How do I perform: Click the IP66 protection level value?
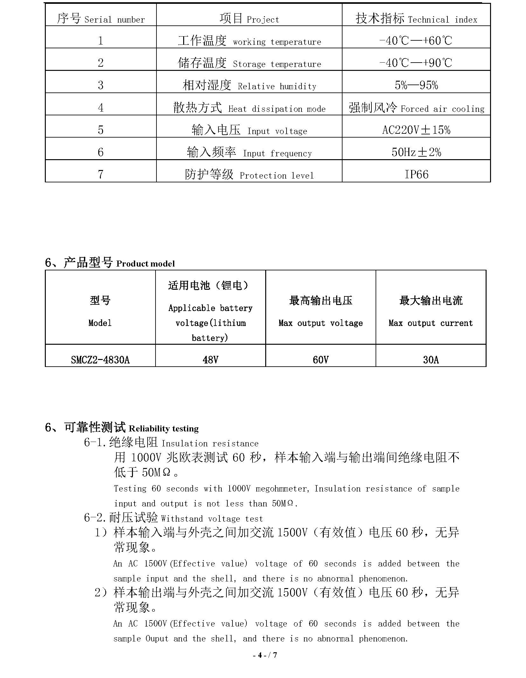tap(416, 174)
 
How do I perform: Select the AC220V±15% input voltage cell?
tap(416, 130)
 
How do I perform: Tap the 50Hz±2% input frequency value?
tap(416, 152)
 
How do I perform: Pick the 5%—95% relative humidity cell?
tap(416, 85)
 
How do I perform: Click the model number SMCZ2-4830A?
tap(100, 360)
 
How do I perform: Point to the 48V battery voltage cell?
tap(210, 360)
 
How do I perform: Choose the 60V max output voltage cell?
tap(320, 360)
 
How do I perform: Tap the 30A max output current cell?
tap(431, 360)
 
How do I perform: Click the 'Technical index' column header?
tap(442, 20)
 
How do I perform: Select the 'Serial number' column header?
tap(114, 20)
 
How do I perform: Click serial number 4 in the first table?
tap(100, 107)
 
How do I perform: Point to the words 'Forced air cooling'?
tap(442, 109)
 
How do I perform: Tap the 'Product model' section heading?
tap(145, 264)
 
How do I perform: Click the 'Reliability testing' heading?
tap(163, 429)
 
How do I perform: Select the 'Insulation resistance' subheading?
tap(210, 444)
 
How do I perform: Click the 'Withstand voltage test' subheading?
tap(212, 519)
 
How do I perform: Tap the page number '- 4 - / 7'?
tap(265, 655)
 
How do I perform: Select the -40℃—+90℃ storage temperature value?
tap(416, 63)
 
